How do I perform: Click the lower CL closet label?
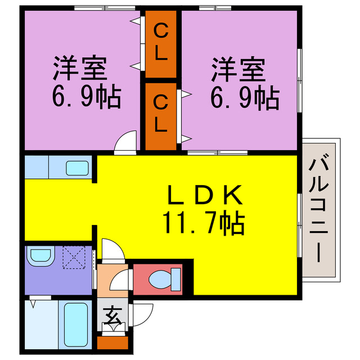point(160,114)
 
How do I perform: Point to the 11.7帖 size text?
point(204,223)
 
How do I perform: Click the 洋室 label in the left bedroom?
point(79,71)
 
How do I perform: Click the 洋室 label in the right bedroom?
point(237,71)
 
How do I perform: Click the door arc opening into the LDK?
point(111,248)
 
